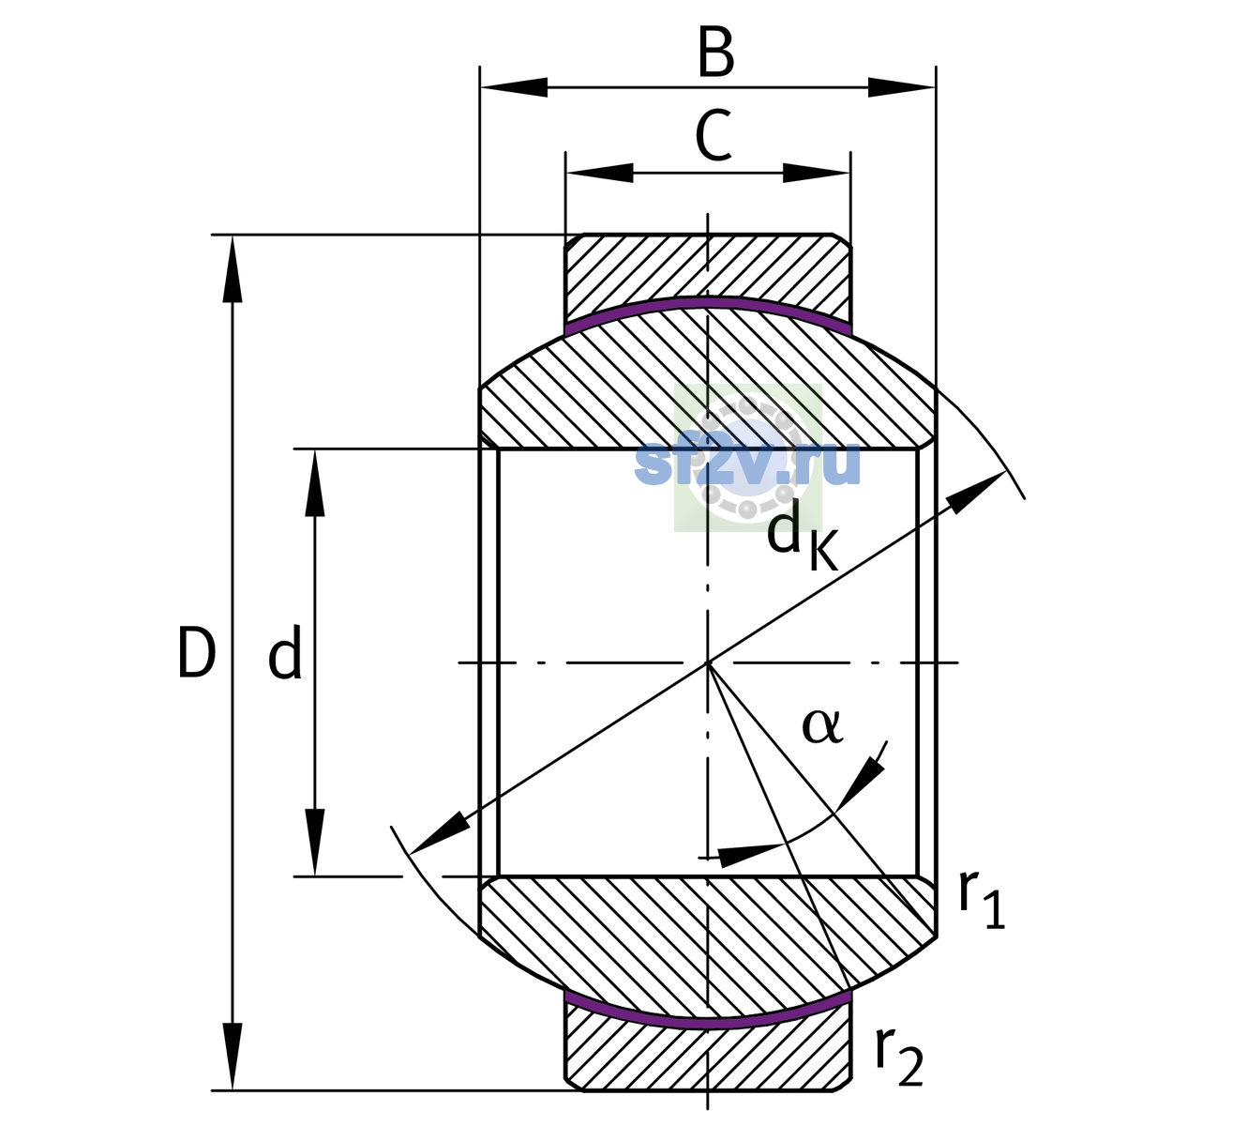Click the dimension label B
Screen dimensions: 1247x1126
tap(715, 53)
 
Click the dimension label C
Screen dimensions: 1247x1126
tap(713, 136)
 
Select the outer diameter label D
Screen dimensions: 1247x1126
tap(197, 652)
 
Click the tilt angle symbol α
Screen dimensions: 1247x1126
tap(822, 725)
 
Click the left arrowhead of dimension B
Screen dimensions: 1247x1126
tap(514, 87)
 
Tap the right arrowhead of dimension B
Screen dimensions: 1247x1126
tap(901, 87)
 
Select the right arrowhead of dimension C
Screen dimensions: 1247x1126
tap(817, 173)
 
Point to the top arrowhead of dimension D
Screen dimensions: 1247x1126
tap(233, 268)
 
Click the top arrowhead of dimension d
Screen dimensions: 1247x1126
tap(314, 482)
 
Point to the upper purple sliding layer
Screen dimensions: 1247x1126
tap(708, 302)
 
